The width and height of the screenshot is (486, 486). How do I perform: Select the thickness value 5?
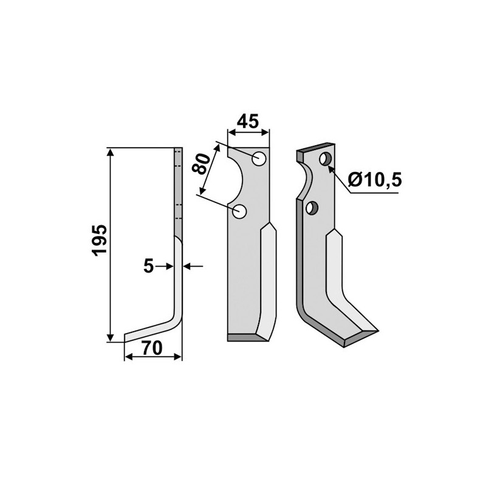148,265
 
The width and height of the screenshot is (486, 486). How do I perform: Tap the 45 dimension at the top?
248,122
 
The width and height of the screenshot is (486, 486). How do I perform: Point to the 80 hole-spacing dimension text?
202,164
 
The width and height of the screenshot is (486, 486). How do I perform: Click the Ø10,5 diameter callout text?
375,179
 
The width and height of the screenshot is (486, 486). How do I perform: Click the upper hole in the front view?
260,160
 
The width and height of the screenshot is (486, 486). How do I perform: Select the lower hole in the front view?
240,212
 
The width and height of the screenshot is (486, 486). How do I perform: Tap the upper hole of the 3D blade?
326,160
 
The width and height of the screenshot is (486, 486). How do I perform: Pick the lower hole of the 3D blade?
313,208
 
